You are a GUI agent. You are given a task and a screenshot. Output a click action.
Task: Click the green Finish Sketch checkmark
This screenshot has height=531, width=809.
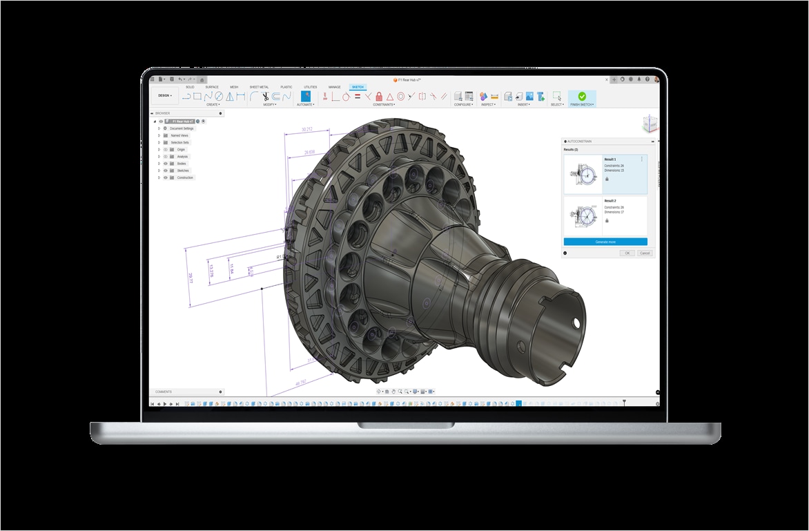[582, 97]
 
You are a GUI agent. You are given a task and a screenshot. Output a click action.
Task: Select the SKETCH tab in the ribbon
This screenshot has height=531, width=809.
[358, 87]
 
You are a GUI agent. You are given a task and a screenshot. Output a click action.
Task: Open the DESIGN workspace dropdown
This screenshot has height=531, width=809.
[164, 96]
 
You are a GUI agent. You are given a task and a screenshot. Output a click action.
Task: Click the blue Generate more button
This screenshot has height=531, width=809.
[605, 242]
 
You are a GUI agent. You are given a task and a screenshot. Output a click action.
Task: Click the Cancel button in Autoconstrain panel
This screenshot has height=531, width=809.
[645, 253]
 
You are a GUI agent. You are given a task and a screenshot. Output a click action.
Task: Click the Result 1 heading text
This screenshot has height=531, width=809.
[610, 160]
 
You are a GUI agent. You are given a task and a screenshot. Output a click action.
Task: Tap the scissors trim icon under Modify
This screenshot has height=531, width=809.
[264, 97]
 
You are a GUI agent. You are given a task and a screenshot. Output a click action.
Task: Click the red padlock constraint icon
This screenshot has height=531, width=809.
[379, 97]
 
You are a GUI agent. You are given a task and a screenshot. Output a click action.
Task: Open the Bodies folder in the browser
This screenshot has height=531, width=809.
[182, 164]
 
